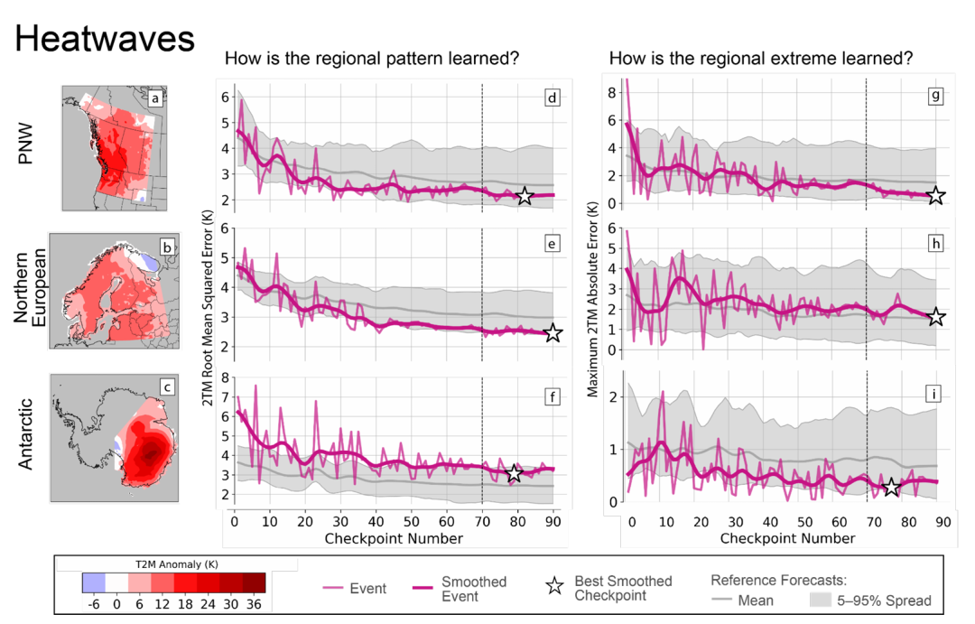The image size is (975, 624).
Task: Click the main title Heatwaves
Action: coord(106,39)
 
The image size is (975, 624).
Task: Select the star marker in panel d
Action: coord(525,196)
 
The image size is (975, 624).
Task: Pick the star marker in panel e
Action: coord(552,333)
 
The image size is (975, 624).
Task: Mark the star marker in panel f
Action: coord(514,473)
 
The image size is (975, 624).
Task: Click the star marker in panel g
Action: coord(936,195)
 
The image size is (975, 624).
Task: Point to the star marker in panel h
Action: coord(936,316)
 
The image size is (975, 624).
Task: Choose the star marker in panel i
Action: coord(891,487)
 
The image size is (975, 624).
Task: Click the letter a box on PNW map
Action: coord(154,97)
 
